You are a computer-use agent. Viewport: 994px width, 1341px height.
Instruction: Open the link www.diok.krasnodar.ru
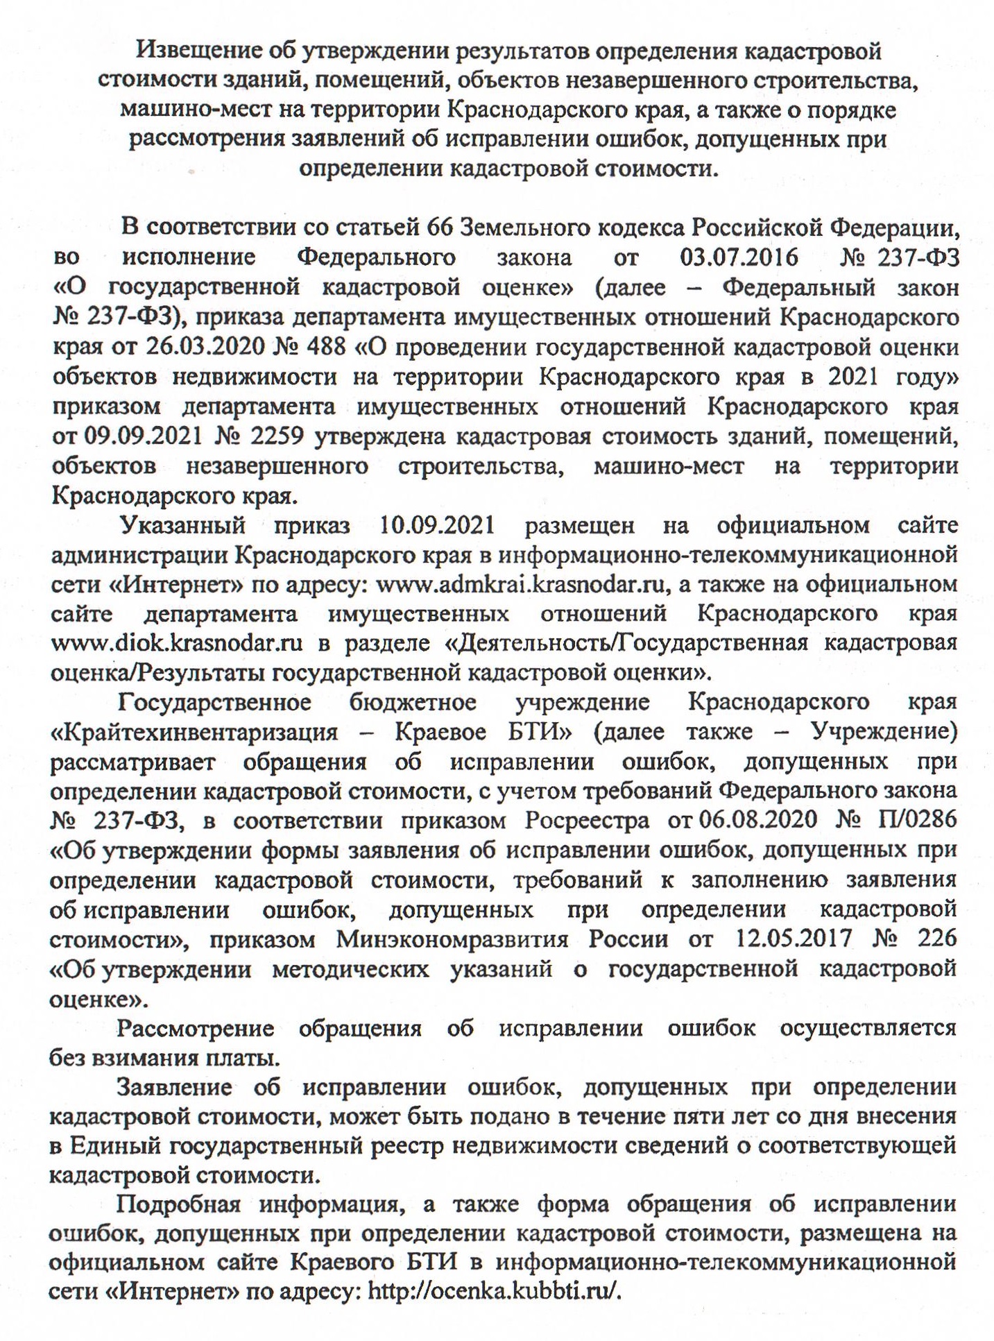pos(177,643)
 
